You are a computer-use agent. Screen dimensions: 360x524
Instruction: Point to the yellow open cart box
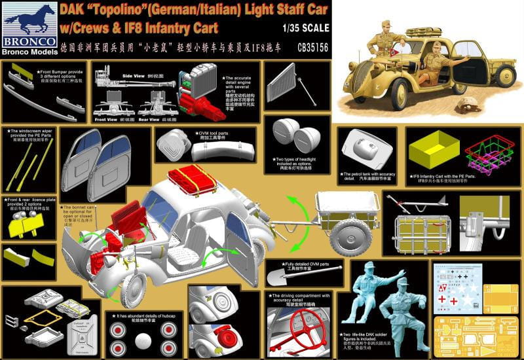tap(434, 148)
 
